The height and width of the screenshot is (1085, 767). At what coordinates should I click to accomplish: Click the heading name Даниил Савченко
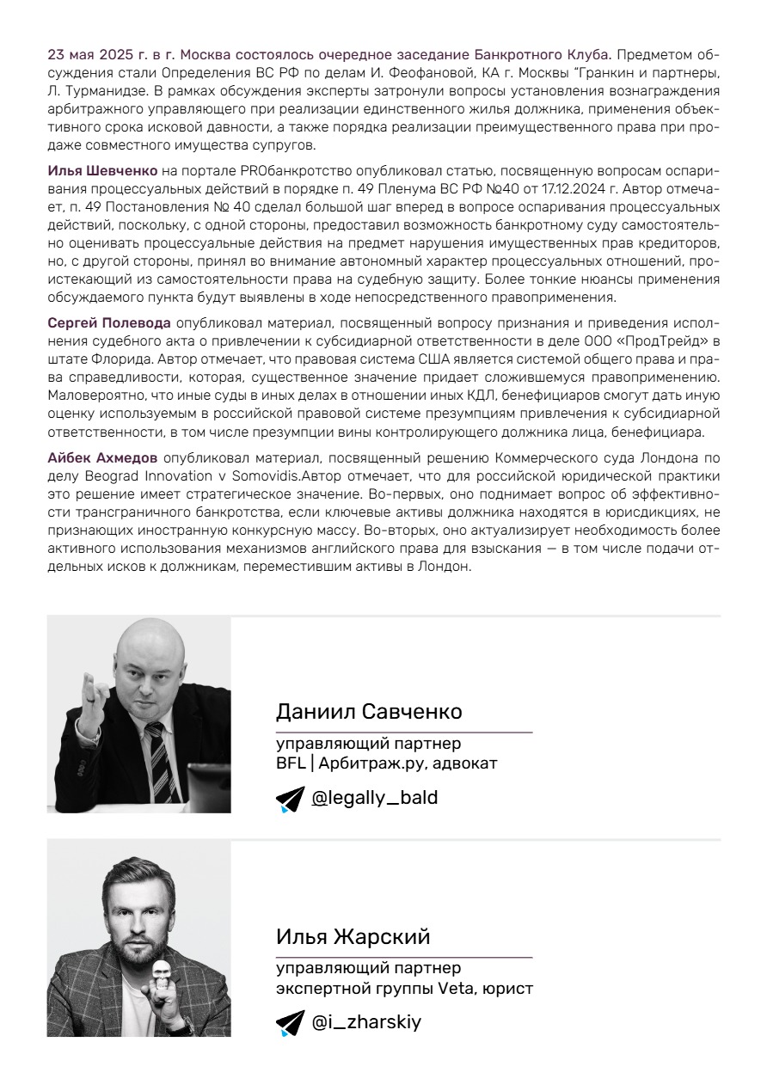tap(369, 712)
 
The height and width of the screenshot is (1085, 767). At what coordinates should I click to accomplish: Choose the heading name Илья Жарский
tap(353, 936)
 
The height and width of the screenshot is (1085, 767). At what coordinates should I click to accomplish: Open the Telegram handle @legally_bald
tap(375, 798)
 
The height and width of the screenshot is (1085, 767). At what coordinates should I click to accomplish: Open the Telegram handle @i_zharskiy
tap(366, 1022)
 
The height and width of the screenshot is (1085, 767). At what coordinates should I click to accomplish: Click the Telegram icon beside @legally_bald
tap(290, 800)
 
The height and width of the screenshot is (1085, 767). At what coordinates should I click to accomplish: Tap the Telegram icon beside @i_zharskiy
tap(290, 1024)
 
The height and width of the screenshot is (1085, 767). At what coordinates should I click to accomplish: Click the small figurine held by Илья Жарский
tap(160, 979)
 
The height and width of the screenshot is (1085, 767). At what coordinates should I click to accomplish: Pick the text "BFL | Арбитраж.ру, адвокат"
tap(387, 763)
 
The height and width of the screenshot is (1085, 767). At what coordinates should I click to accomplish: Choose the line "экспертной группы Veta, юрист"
tap(404, 988)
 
